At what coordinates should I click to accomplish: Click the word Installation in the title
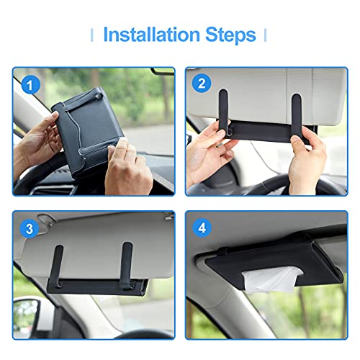[151, 35]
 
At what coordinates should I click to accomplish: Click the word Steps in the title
[230, 35]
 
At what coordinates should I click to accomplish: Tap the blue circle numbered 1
[31, 85]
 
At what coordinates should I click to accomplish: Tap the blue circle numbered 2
[202, 84]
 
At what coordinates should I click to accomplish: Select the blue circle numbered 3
[30, 228]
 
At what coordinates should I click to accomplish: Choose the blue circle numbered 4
[202, 228]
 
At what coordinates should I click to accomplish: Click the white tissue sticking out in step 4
[271, 280]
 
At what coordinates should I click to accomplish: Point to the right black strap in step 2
[297, 115]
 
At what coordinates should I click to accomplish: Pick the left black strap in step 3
[58, 265]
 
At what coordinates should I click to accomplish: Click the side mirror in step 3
[25, 315]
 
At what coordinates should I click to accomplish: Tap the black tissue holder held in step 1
[88, 130]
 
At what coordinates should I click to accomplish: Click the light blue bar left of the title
[91, 35]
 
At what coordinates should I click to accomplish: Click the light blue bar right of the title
[265, 35]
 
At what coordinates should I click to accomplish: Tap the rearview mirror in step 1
[163, 71]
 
